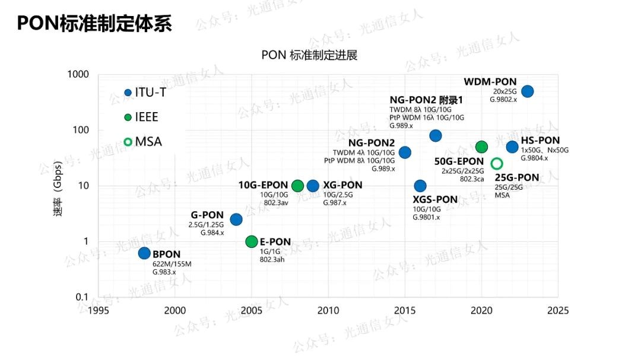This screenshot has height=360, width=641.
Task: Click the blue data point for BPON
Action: pos(144,253)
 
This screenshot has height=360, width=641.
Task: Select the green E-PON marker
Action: pos(252,241)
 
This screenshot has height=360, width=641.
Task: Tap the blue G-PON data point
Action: pos(236,219)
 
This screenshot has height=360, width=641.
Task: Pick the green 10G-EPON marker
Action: pos(298,186)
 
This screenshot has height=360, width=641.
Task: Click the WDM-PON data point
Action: pos(527,91)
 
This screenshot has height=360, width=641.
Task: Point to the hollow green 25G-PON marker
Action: pos(497,164)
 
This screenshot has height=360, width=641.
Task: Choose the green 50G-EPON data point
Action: pos(481,147)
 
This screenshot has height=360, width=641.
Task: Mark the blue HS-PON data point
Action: pos(512,147)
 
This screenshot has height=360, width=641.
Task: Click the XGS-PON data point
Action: pos(420,186)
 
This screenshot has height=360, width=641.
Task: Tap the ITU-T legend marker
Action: pos(128,93)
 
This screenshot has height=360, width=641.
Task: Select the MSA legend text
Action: pos(148,142)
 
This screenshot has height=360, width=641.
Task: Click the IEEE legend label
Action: pos(147,117)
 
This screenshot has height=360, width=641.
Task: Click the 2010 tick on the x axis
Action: pos(328,310)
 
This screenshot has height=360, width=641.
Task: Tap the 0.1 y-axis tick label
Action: pos(82,297)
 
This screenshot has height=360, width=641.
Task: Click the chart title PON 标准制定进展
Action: pos(309,55)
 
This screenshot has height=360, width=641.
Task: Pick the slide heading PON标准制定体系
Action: pos(94,23)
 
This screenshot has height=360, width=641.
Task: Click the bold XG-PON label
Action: pos(342,185)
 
